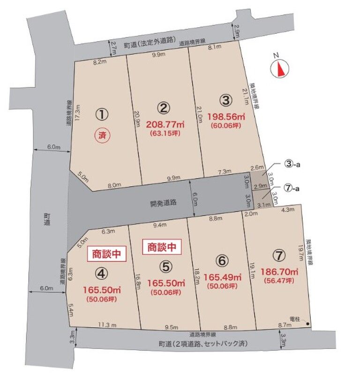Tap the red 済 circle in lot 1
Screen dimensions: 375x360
click(x=102, y=136)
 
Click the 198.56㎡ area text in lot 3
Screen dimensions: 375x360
click(x=226, y=116)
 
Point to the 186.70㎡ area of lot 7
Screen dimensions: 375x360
click(x=280, y=271)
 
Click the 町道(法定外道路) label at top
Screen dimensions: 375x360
click(x=147, y=45)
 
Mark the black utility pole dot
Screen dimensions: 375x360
click(x=308, y=323)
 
